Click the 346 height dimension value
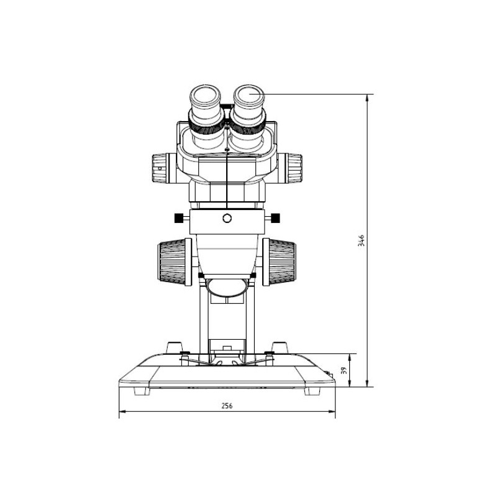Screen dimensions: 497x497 point(361,240)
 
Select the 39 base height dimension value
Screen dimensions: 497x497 point(344,370)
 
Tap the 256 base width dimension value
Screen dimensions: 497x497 point(227,406)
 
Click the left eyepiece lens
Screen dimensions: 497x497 point(205,96)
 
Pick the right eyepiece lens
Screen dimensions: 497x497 point(249,96)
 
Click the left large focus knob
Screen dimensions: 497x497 point(174,262)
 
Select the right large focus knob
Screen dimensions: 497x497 point(279,262)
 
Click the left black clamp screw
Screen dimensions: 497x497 point(179,218)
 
